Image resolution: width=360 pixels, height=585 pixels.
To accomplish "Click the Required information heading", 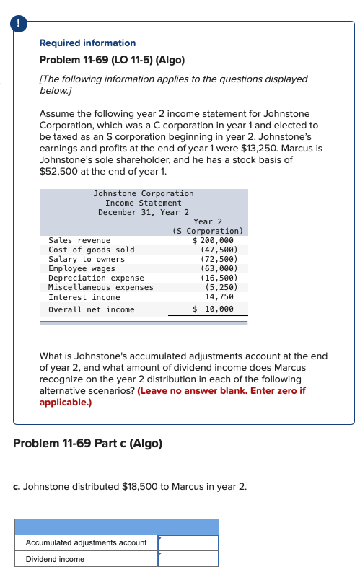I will pos(87,43).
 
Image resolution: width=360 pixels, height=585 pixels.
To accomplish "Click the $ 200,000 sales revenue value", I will pos(214,240).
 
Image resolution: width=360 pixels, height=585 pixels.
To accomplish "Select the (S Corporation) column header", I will pos(209,231).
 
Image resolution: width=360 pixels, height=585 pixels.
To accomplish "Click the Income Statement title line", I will pos(144,203).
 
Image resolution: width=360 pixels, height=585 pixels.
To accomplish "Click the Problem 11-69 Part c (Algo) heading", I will pos(88,442).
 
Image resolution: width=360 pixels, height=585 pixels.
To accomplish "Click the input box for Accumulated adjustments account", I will pos(188,542).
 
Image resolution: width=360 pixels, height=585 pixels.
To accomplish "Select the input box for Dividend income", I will pos(188,559).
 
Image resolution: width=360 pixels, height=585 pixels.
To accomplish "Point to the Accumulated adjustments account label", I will pos(86,542).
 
